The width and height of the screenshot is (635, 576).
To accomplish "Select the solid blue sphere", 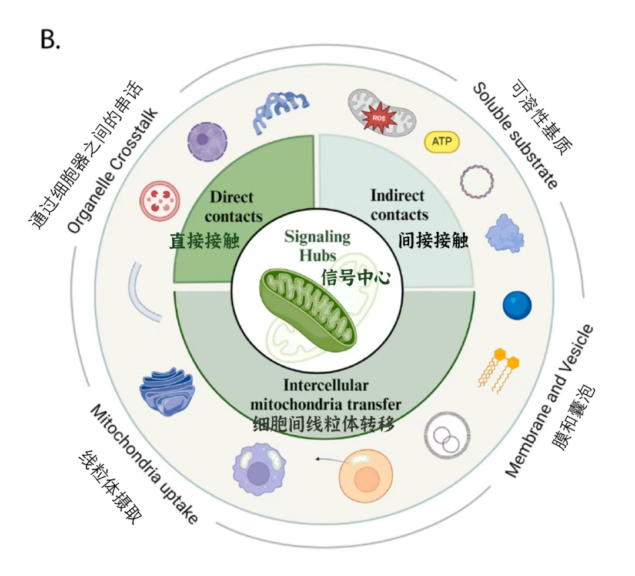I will coord(517,305).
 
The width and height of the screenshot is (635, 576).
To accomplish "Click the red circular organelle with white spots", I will coord(159,201).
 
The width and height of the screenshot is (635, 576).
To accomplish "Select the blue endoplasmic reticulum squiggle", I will coord(282,111).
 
